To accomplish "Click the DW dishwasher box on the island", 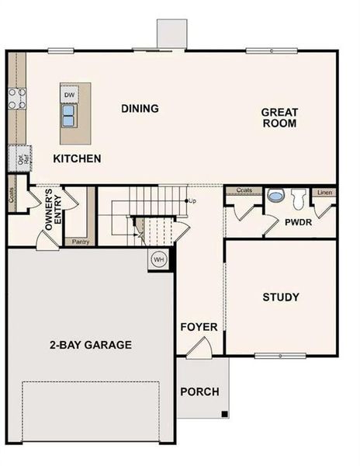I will (70, 95).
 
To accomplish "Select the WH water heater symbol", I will (159, 259).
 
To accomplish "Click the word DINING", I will (140, 109).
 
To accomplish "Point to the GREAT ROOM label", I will (279, 117).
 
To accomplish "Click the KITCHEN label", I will (77, 158).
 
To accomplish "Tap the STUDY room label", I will (281, 297).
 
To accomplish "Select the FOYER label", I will (199, 327).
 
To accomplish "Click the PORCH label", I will (199, 391).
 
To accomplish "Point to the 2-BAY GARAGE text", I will (92, 345).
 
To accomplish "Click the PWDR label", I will (297, 221).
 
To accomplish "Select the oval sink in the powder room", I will (275, 196).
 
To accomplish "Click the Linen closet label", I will (324, 191).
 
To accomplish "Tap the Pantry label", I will (80, 242).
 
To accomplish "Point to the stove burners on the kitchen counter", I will (16, 99).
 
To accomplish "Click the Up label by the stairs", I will (192, 201).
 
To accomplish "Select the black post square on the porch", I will (224, 412).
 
